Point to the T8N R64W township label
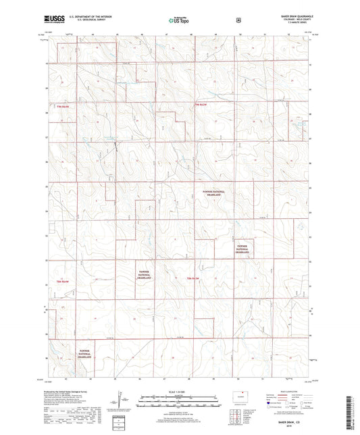(64, 280)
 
